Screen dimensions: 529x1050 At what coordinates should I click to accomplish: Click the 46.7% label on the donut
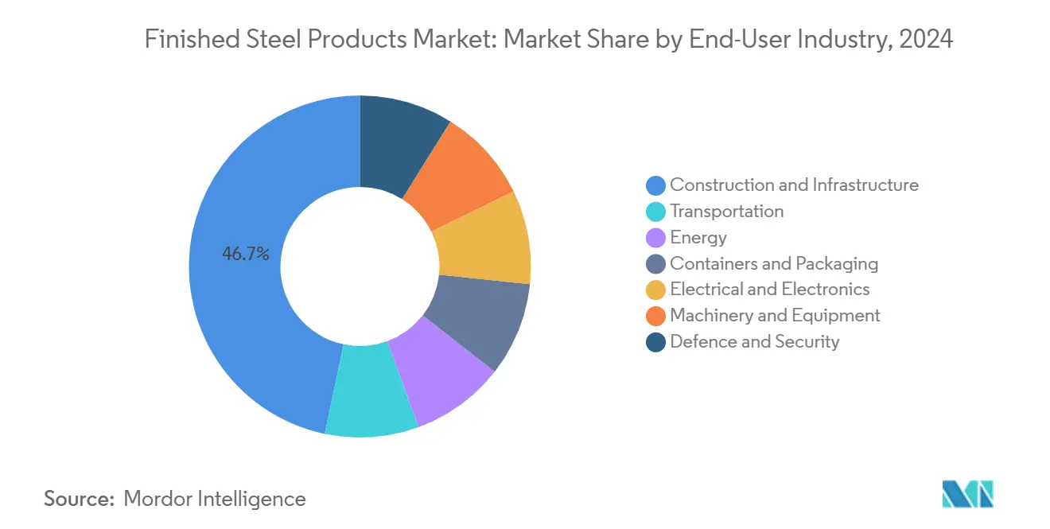[246, 255]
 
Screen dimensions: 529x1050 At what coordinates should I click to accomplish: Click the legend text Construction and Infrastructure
[794, 185]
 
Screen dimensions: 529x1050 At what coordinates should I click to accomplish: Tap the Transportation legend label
[726, 212]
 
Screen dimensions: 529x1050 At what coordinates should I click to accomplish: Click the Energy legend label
[698, 238]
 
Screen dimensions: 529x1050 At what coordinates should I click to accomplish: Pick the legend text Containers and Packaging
[774, 263]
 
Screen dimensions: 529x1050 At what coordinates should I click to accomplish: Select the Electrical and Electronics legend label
[769, 290]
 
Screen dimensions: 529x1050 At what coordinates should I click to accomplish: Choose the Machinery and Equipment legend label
[775, 316]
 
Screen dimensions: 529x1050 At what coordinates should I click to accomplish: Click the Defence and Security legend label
[754, 342]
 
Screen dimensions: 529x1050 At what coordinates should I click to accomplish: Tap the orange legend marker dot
[655, 317]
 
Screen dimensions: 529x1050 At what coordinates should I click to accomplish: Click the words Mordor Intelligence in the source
[215, 499]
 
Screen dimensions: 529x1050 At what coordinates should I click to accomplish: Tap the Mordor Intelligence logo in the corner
[967, 494]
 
